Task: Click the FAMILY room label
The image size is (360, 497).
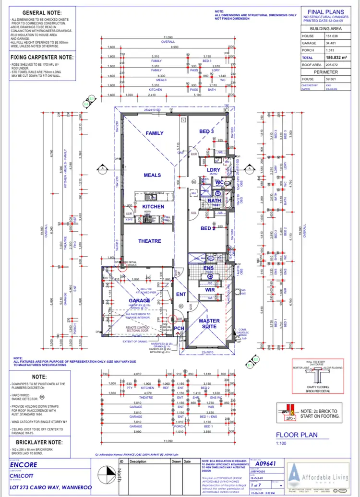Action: tap(155, 133)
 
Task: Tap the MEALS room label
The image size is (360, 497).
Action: tap(152, 175)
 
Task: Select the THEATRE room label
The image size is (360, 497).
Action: tap(150, 241)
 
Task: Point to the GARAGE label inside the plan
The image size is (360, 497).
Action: tap(139, 301)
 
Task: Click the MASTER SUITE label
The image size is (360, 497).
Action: tap(209, 324)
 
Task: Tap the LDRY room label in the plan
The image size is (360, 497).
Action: tap(213, 170)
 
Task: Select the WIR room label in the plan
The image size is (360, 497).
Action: tap(210, 290)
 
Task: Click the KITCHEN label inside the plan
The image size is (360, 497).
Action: tap(153, 207)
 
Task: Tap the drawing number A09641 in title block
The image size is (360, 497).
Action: tap(265, 464)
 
